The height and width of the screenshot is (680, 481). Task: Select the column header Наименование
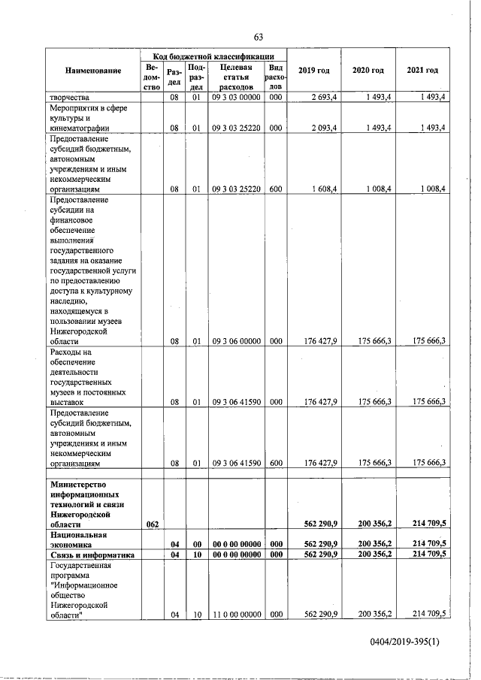click(x=93, y=71)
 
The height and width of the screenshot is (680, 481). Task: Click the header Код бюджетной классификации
click(x=213, y=56)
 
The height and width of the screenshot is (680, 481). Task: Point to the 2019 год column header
click(x=313, y=71)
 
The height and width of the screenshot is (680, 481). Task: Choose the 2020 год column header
click(x=368, y=71)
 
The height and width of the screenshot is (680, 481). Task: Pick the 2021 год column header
click(x=422, y=71)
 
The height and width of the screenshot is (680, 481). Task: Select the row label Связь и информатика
click(x=92, y=555)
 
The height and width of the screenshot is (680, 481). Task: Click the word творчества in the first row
click(x=70, y=98)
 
